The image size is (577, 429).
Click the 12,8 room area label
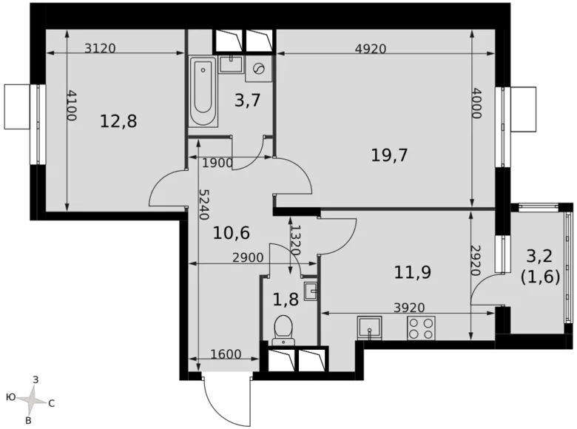coord(119,121)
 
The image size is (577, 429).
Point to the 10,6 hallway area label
coord(231,234)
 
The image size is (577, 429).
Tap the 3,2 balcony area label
coord(539,257)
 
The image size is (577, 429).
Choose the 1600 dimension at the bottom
coord(226,354)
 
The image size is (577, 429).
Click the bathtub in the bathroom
coord(203,94)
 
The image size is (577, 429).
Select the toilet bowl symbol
coord(283,328)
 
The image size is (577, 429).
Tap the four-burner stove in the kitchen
coord(421,328)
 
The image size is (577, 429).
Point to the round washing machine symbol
coord(260,69)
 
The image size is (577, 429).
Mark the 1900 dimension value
coord(217,163)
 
